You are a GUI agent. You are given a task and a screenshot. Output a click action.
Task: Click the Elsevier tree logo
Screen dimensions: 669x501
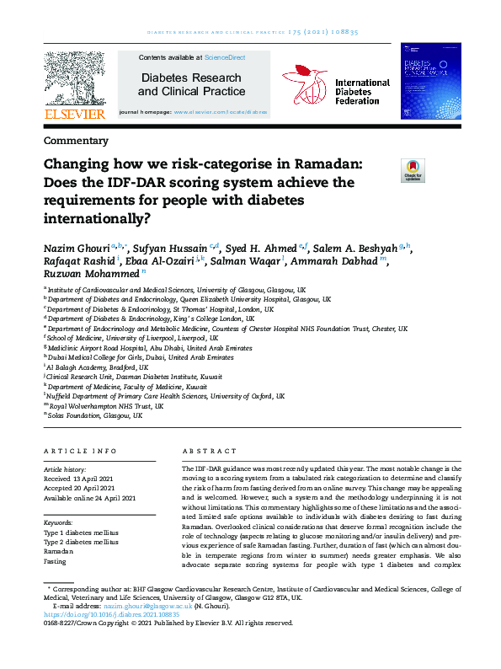click(x=75, y=78)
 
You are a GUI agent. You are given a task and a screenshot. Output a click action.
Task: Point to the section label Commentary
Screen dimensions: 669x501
click(x=75, y=141)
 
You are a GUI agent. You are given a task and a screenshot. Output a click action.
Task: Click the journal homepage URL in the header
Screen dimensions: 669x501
click(x=221, y=111)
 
